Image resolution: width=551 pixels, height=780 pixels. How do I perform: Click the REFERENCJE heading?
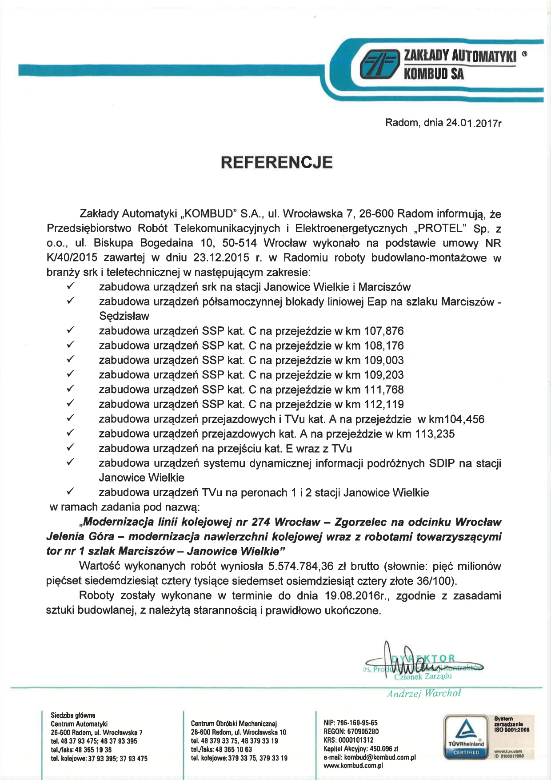pos(277,162)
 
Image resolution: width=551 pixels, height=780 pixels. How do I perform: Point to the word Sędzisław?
pos(124,317)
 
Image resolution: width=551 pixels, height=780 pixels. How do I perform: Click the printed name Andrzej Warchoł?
pos(423,694)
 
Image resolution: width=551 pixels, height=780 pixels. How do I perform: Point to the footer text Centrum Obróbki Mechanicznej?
pos(234,724)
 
